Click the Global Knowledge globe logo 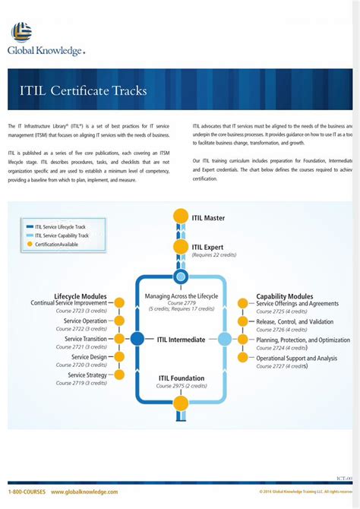[x=21, y=32]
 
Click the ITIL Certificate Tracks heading [x=84, y=90]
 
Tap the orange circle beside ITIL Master [x=181, y=217]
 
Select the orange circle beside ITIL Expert [x=181, y=247]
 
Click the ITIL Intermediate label [x=181, y=340]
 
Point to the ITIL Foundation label [x=182, y=378]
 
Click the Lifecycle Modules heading [x=81, y=296]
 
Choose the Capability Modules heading [x=285, y=296]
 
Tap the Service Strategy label [x=87, y=375]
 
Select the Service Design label [x=89, y=357]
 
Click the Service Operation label [x=85, y=321]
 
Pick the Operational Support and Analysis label [x=296, y=358]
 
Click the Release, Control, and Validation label [x=295, y=321]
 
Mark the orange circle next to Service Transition [x=117, y=340]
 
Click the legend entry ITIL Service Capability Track [x=62, y=236]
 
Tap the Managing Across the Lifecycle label [x=181, y=296]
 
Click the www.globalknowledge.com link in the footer [x=84, y=492]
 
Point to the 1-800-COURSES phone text [x=27, y=492]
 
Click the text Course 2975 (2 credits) [x=181, y=387]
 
